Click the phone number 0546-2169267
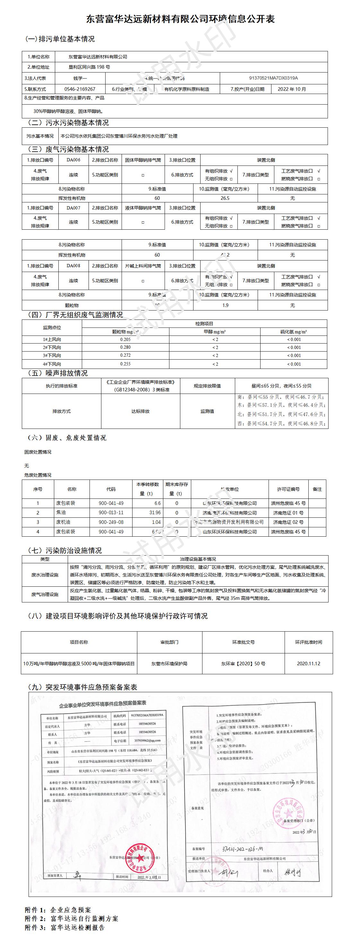pyautogui.click(x=80, y=89)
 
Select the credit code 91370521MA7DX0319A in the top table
pyautogui.click(x=273, y=78)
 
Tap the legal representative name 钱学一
pyautogui.click(x=80, y=78)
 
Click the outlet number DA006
pyautogui.click(x=73, y=160)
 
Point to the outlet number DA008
pyautogui.click(x=73, y=266)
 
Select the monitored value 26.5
pyautogui.click(x=225, y=198)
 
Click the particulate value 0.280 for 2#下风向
pyautogui.click(x=125, y=347)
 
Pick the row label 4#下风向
pyautogui.click(x=52, y=364)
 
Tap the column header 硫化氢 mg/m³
pyautogui.click(x=294, y=332)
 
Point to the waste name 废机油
pyautogui.click(x=63, y=522)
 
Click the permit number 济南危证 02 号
pyautogui.click(x=288, y=522)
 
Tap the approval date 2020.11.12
pyautogui.click(x=308, y=664)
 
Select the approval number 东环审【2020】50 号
pyautogui.click(x=243, y=664)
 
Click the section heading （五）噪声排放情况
pyautogui.click(x=58, y=373)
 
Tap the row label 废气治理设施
pyautogui.click(x=45, y=594)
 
